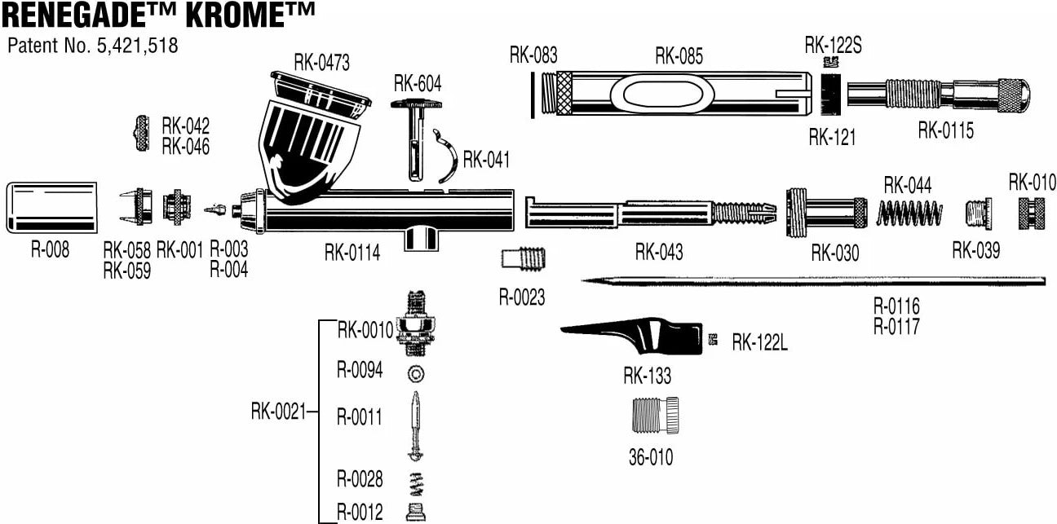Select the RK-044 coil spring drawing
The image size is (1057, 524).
[x=909, y=214]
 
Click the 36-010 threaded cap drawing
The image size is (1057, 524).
[x=654, y=416]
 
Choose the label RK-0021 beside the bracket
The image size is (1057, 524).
[x=277, y=412]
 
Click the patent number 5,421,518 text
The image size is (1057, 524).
[x=136, y=46]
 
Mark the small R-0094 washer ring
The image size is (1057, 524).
[x=417, y=373]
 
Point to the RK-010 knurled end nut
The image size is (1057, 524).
[x=1028, y=214]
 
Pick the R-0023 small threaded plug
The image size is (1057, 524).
[x=523, y=260]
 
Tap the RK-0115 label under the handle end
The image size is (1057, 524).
[x=945, y=130]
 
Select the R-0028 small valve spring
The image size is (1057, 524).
[x=417, y=484]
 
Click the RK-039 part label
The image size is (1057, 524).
[x=975, y=250]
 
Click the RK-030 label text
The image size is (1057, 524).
[x=834, y=253]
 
